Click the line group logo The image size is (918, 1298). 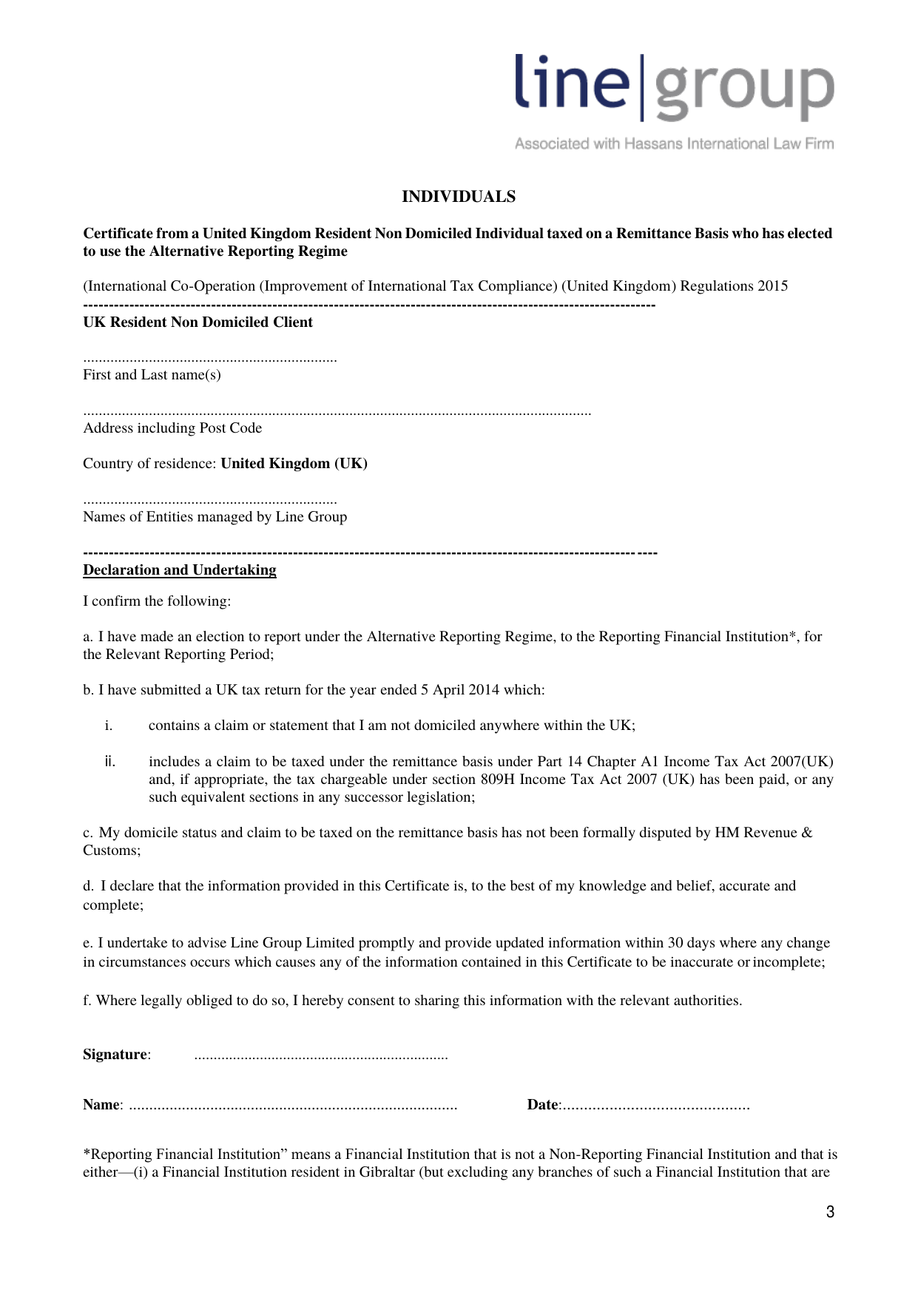(x=674, y=87)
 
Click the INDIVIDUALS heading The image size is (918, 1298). (x=459, y=197)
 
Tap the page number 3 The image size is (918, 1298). (x=830, y=1211)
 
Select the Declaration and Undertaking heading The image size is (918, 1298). (x=180, y=570)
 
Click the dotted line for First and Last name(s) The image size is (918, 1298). (x=210, y=360)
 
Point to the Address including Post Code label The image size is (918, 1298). (x=172, y=428)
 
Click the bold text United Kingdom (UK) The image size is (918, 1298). (x=294, y=464)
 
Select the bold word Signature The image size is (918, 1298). (x=115, y=1055)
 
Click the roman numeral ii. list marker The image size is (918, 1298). (x=110, y=761)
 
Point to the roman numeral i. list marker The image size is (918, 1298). (x=109, y=726)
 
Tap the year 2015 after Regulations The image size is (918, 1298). (x=772, y=286)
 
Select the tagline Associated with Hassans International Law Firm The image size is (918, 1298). (x=674, y=143)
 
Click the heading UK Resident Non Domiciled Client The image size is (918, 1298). (x=198, y=322)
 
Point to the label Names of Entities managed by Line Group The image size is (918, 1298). (x=215, y=517)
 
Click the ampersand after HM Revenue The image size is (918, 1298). (x=806, y=833)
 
